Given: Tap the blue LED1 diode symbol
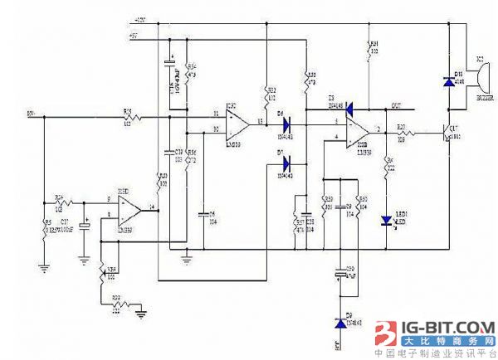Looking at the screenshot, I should click(x=386, y=221).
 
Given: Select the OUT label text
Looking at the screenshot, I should click(x=398, y=105).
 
